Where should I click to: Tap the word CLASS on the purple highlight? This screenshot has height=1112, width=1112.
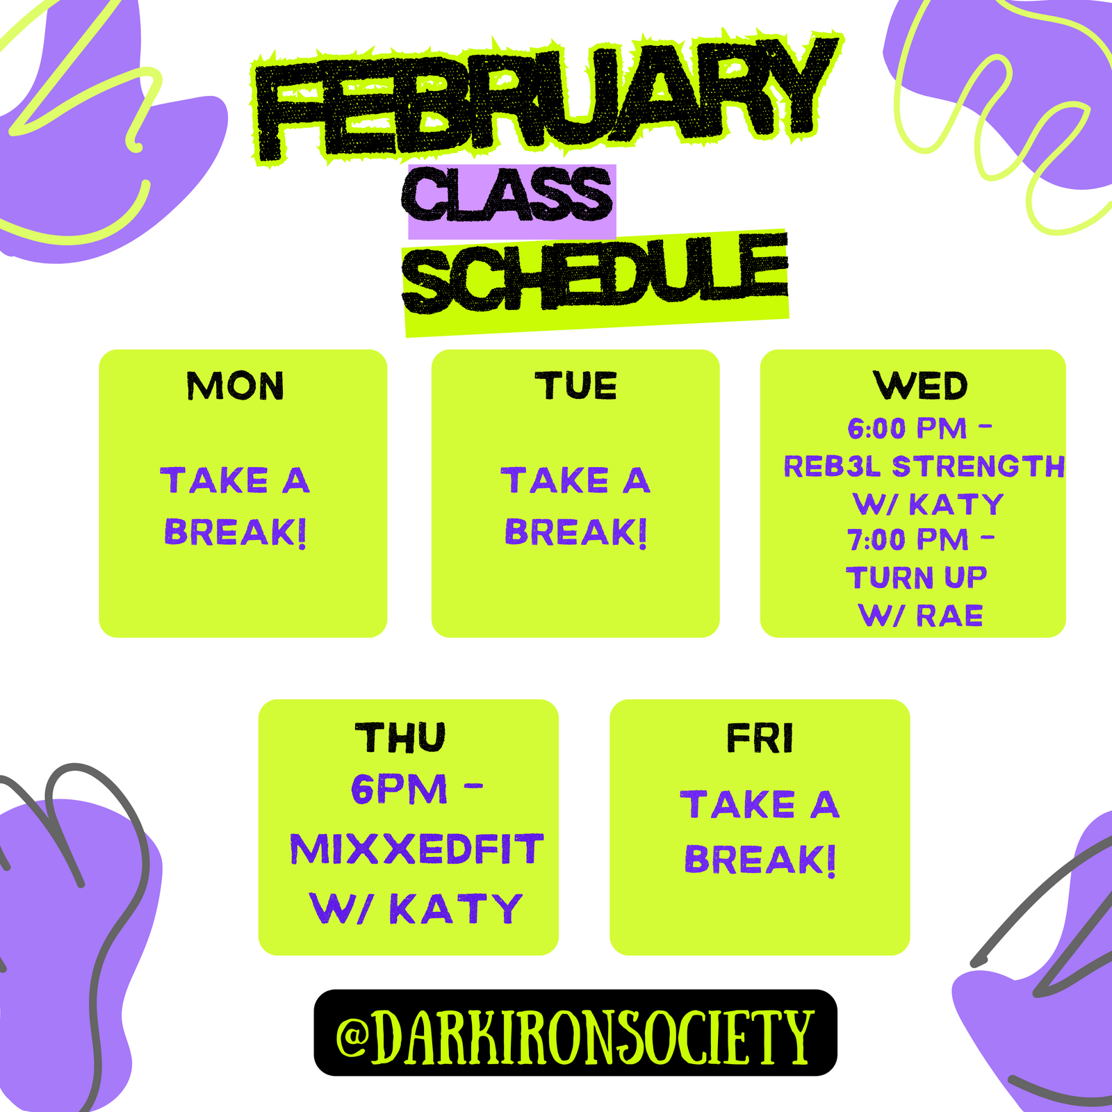(507, 194)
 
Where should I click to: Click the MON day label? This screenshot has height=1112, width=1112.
(236, 386)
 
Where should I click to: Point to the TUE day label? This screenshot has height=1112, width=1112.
(575, 386)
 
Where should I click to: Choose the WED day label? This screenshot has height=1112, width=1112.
(920, 386)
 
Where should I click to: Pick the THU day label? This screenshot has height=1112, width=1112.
(400, 737)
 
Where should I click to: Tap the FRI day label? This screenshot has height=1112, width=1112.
(760, 737)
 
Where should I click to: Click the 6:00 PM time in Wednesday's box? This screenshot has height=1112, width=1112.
(907, 429)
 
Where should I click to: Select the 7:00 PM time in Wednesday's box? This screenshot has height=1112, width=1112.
(908, 540)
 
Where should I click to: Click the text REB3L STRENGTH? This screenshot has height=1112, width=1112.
(924, 466)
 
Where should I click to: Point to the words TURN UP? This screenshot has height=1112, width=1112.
(917, 578)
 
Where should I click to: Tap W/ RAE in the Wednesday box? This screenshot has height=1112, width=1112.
(921, 616)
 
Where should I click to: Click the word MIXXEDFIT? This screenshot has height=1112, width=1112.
(417, 849)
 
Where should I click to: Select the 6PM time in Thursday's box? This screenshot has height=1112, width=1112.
(399, 790)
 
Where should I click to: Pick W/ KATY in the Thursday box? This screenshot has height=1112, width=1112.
(416, 908)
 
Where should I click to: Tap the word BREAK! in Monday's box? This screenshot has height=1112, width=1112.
(236, 532)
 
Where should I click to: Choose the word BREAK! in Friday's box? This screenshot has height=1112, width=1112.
(760, 860)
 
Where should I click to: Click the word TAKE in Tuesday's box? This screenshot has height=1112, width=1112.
(555, 481)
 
